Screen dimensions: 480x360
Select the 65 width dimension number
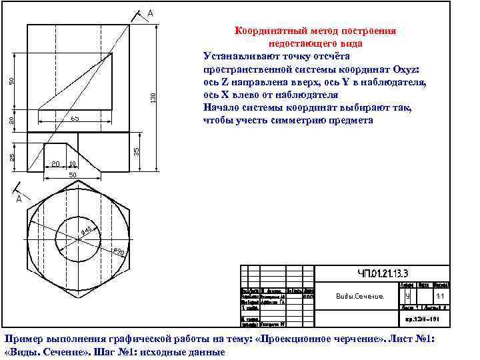[75, 119]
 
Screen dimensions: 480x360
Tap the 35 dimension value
[136, 152]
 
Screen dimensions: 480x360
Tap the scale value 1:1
[439, 296]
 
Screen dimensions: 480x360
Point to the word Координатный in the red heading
[266, 31]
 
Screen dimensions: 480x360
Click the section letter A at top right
[151, 13]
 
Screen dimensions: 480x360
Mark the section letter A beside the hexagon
[19, 199]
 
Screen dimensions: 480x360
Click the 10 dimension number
[72, 164]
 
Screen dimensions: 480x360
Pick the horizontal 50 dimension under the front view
[73, 175]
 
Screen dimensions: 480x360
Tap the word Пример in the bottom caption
[23, 339]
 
